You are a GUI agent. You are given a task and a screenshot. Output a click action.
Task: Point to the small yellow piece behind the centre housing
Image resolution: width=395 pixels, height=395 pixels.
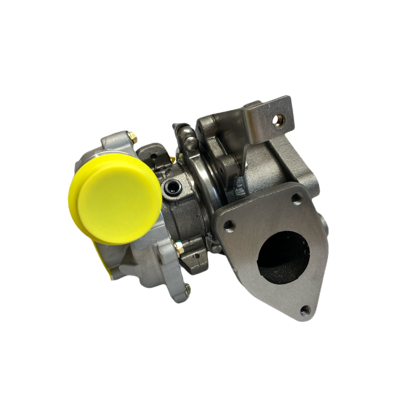(172, 158)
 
